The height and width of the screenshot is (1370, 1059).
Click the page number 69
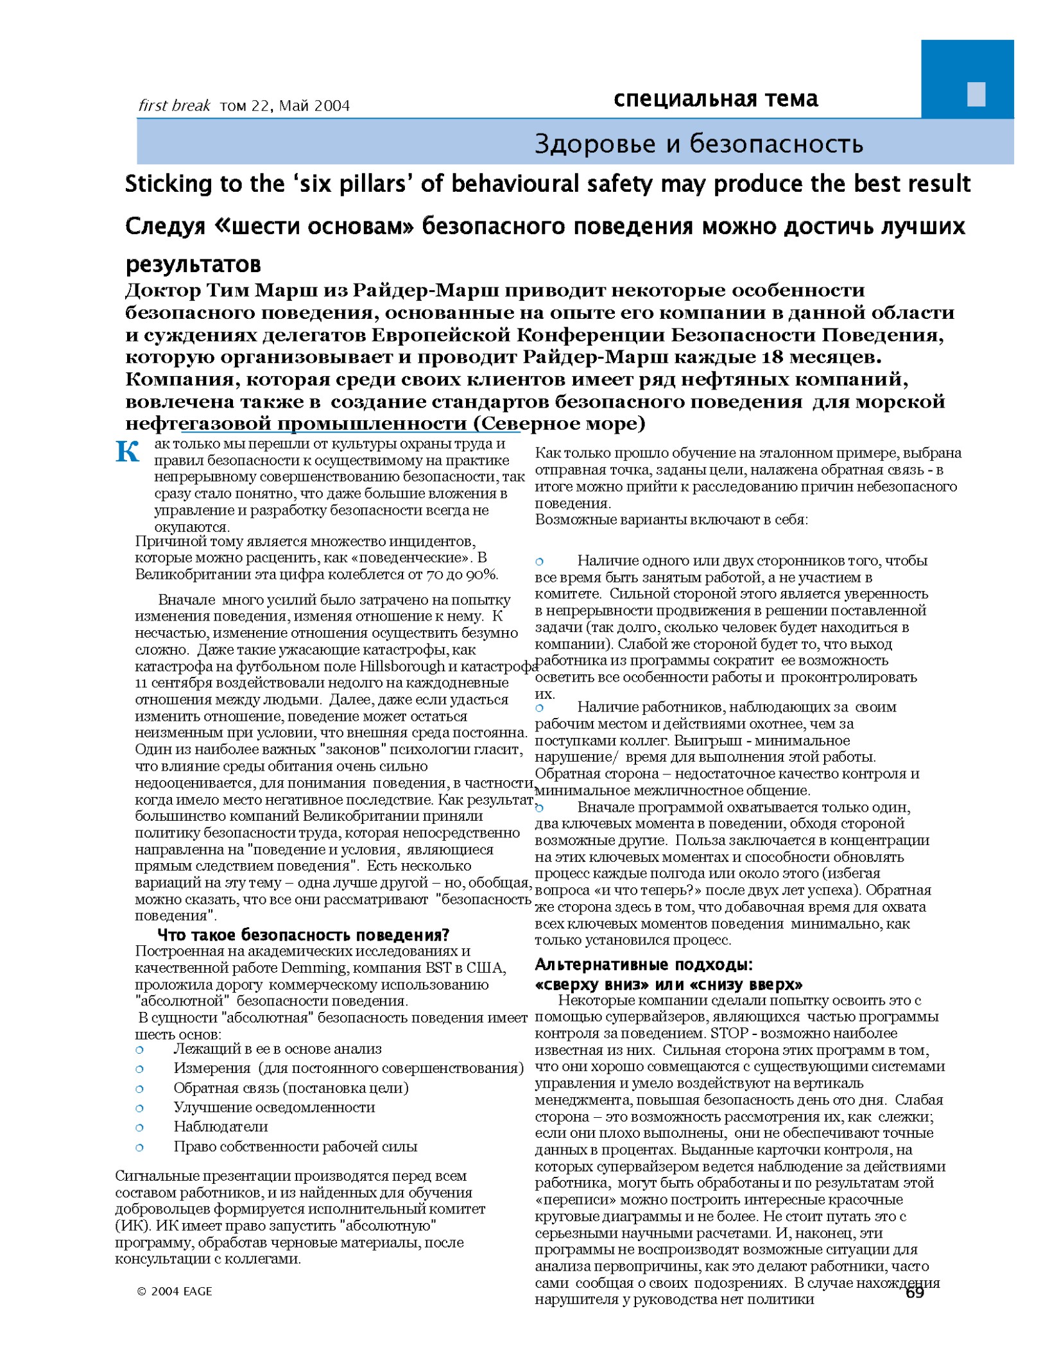pos(914,1293)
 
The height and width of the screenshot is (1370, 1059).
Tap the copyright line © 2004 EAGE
pos(174,1291)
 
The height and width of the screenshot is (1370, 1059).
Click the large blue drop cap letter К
pos(127,452)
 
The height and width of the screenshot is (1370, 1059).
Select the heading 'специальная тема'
pos(715,99)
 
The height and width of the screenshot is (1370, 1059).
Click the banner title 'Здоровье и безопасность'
pos(698,144)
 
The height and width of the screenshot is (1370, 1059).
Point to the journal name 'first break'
pos(174,106)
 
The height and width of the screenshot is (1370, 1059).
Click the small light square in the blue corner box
pos(976,94)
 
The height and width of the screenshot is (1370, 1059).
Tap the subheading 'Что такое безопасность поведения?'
pos(303,934)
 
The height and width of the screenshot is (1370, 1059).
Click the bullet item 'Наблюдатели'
pos(221,1126)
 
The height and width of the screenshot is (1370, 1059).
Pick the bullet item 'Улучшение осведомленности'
pos(274,1107)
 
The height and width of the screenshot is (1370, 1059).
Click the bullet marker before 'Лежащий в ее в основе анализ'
pos(139,1050)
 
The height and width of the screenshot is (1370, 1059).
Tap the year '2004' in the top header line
pos(329,106)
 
